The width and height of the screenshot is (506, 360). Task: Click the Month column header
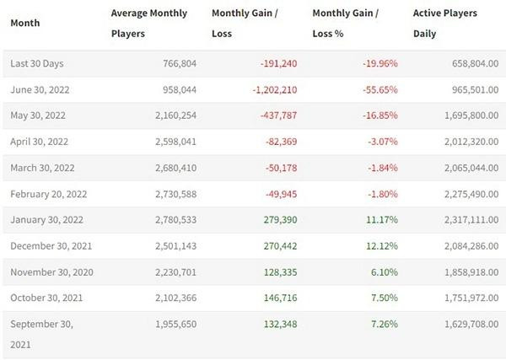[x=24, y=23]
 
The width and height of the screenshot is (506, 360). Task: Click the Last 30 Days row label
[x=36, y=63]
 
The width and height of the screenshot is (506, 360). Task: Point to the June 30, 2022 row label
[x=40, y=89]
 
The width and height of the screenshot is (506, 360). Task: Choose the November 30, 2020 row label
[x=52, y=272]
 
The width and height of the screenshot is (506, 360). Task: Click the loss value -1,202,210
[x=267, y=89]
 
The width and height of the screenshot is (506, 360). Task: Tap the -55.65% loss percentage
[x=378, y=89]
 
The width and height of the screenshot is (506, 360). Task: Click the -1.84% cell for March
[x=380, y=168]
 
